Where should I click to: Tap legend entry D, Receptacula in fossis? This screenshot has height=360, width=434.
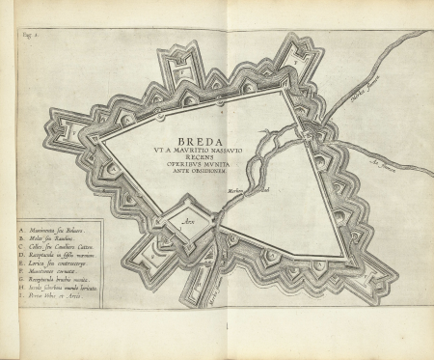55,256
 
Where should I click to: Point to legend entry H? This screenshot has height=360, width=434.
55,290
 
